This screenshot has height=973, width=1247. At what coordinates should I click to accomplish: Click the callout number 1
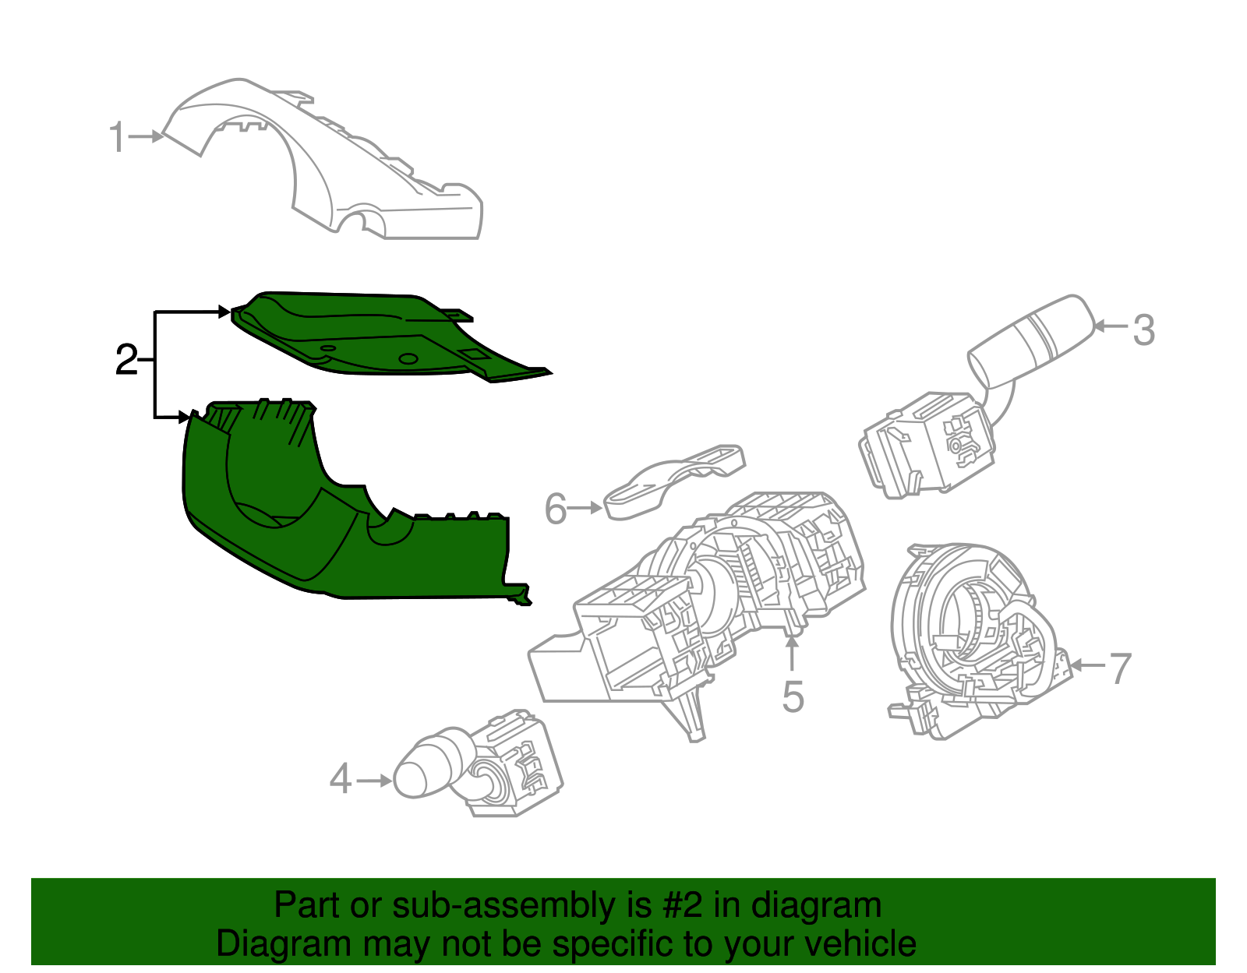click(x=116, y=138)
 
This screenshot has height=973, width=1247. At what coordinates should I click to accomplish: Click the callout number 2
click(x=125, y=361)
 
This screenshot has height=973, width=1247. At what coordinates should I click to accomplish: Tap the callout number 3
click(x=1143, y=330)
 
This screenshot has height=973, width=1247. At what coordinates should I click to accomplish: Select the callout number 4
click(x=341, y=779)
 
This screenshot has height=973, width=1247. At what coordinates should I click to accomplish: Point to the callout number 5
click(x=793, y=696)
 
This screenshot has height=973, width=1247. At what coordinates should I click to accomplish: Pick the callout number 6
click(x=555, y=509)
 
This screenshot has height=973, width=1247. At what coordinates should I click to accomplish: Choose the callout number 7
click(x=1120, y=668)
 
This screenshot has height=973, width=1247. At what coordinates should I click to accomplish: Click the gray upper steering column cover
click(x=327, y=164)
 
